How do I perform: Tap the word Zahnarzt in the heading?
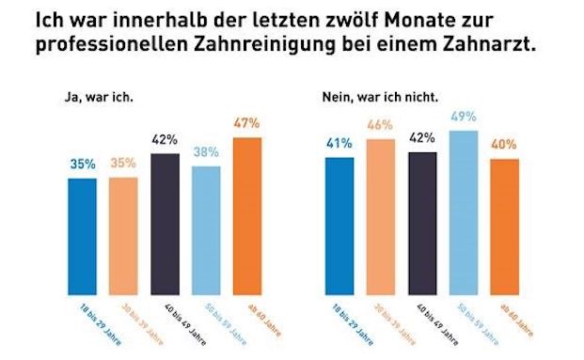(480, 45)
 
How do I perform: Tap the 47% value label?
(246, 124)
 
